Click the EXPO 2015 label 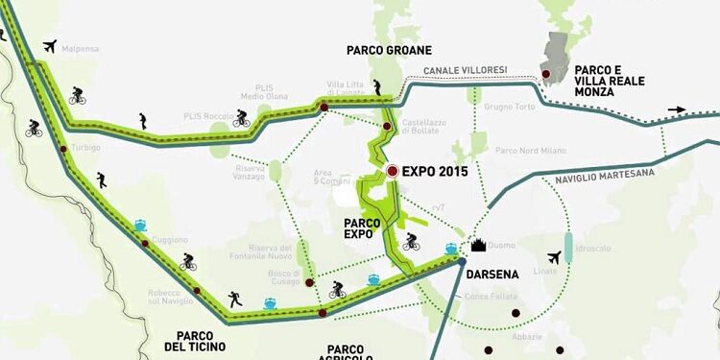(435, 172)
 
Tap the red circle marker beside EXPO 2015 (393, 171)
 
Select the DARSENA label (492, 274)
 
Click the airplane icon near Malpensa (50, 45)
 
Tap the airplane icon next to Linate (553, 257)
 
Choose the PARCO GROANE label (390, 50)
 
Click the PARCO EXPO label (362, 227)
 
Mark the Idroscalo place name (594, 248)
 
